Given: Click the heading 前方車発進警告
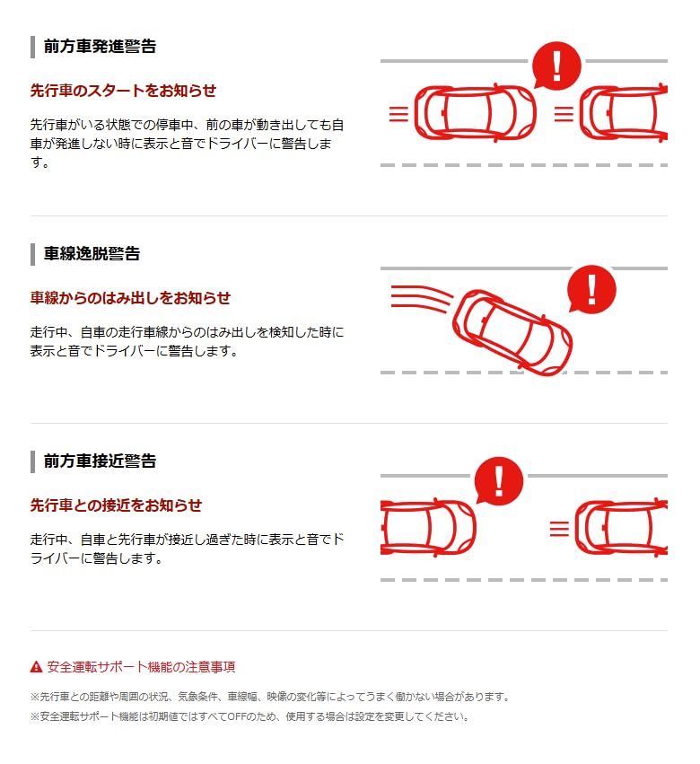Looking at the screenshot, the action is pyautogui.click(x=100, y=47).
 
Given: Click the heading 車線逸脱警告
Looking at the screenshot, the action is pyautogui.click(x=92, y=254).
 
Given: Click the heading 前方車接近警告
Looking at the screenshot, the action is pyautogui.click(x=100, y=461).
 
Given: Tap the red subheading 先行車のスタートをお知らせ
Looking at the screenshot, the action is pyautogui.click(x=123, y=91).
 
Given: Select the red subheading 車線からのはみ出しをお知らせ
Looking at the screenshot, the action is pyautogui.click(x=130, y=298).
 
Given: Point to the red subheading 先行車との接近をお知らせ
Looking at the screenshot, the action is pyautogui.click(x=116, y=505).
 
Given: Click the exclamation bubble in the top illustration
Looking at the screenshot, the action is pyautogui.click(x=556, y=66).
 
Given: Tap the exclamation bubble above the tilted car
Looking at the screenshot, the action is pyautogui.click(x=591, y=289).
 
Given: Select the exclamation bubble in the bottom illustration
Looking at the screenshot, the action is pyautogui.click(x=498, y=481).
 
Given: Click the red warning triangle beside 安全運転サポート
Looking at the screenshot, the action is pyautogui.click(x=36, y=666).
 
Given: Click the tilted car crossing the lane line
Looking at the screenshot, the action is pyautogui.click(x=512, y=332).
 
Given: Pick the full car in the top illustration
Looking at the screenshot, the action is pyautogui.click(x=475, y=113).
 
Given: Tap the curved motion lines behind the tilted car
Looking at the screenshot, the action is pyautogui.click(x=421, y=298).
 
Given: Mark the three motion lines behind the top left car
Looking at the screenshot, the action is pyautogui.click(x=398, y=113).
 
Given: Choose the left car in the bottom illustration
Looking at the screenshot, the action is pyautogui.click(x=428, y=528).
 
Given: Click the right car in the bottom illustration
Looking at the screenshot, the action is pyautogui.click(x=621, y=528).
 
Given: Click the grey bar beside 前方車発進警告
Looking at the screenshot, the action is pyautogui.click(x=32, y=47).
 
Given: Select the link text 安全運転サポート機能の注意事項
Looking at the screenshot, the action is pyautogui.click(x=141, y=666).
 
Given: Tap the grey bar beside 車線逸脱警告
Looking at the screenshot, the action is pyautogui.click(x=32, y=254).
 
